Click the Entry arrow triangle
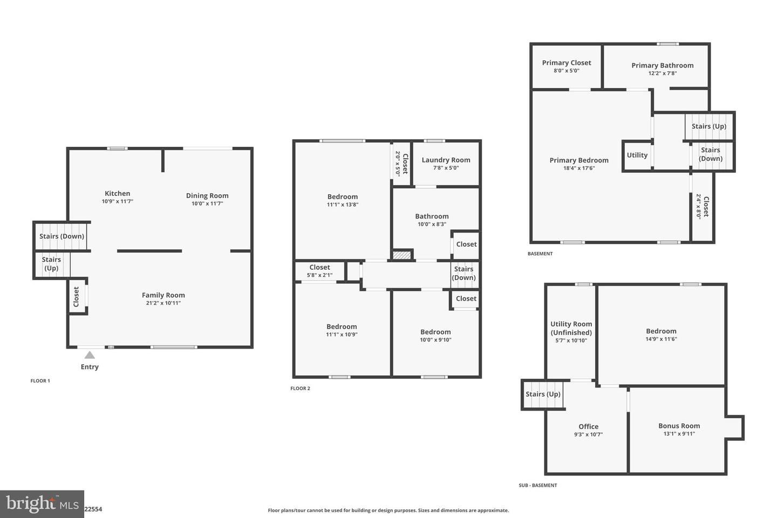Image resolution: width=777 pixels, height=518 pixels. pos(90,355)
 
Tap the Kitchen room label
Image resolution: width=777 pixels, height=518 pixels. pos(117,193)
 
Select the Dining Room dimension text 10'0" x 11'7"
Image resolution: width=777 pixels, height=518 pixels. pos(207,203)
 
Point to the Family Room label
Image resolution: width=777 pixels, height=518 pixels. pos(163,295)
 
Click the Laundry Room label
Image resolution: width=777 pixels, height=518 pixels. pos(446,160)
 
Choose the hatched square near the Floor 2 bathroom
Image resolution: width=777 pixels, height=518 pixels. pos(402,255)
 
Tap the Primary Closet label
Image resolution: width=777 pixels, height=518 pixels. pos(567,63)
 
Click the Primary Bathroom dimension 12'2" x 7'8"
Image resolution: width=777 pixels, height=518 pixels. pos(662,73)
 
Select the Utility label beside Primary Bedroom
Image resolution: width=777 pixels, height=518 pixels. pos(637,155)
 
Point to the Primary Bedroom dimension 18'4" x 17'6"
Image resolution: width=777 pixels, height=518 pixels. pos(579,168)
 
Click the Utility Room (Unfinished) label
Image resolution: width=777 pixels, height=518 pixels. pos(571,328)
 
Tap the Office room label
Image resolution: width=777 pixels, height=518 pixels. pos(588,426)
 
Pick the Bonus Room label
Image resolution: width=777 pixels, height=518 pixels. pos(679,425)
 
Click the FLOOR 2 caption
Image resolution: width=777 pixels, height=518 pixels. pos(300,388)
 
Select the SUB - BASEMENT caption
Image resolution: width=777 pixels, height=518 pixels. pos(537,485)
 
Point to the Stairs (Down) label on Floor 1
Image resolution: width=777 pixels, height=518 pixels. pos(62,236)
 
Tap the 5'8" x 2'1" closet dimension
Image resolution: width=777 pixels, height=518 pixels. pos(319,275)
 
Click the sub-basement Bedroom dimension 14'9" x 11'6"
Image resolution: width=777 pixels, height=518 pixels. pos(661,339)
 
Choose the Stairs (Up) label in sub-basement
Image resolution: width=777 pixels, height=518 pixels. pos(543,394)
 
